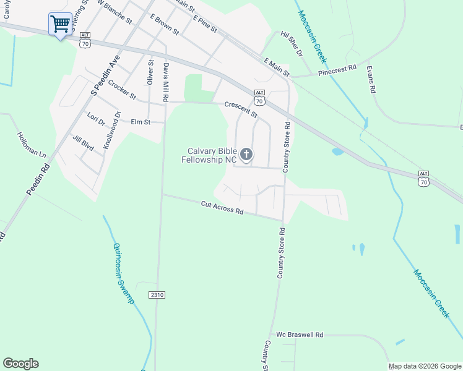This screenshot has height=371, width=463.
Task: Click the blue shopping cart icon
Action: coord(60,25)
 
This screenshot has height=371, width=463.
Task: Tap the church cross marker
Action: coord(246,155)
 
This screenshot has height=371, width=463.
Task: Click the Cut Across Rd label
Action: coord(222,207)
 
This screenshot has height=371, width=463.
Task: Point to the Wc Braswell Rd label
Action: coord(300,335)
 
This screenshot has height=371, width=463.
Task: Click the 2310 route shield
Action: coord(157,296)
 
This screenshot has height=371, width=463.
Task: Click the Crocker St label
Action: coord(121,90)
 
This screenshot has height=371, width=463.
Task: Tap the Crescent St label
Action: coord(241,109)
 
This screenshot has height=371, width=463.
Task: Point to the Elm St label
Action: coord(141,122)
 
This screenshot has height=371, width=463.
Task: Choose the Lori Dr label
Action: coord(97,119)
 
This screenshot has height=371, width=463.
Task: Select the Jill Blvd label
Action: coord(83,142)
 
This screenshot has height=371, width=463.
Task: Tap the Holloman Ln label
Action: coord(32,144)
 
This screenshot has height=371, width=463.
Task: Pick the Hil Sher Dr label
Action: coord(291,45)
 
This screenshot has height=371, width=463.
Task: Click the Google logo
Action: coord(20,364)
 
